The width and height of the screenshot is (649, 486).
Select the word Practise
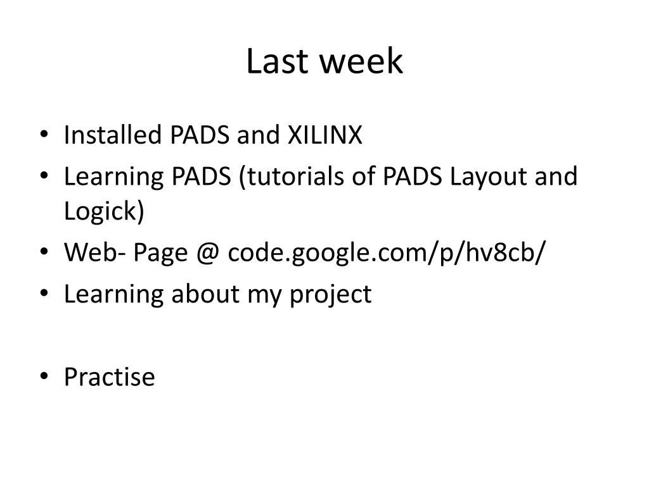click(x=109, y=377)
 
